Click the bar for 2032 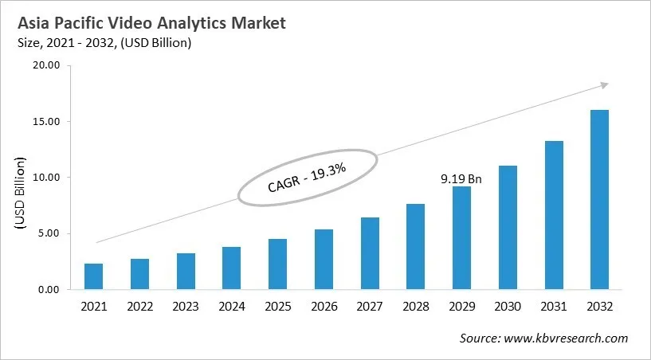pos(599,200)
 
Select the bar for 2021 pos(93,276)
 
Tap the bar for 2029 pos(461,238)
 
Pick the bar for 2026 pos(324,260)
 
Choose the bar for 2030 pos(508,228)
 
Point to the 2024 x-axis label pos(232,307)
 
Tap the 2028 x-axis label pos(415,307)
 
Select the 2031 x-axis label pos(554,307)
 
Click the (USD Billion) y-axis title pos(21,194)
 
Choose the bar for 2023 pos(186,272)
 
